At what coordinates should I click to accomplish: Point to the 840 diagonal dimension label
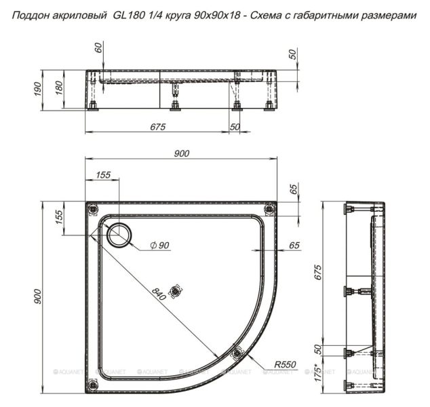tap(159, 294)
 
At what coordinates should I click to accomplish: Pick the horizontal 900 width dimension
tap(180, 154)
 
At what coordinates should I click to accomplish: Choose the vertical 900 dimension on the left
tap(40, 296)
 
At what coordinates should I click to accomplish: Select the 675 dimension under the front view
tap(158, 126)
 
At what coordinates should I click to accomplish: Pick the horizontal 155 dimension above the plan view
tap(102, 175)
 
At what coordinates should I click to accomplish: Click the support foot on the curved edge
tap(237, 352)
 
